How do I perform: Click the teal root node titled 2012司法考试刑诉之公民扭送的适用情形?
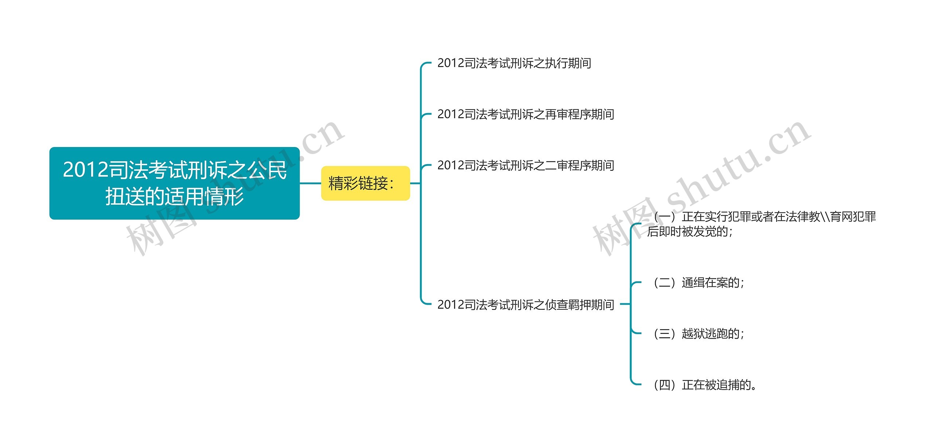click(174, 183)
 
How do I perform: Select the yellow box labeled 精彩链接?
click(365, 183)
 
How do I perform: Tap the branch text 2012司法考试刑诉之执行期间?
click(514, 63)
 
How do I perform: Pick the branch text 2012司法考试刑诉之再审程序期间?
click(526, 114)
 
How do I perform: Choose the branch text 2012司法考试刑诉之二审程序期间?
click(526, 165)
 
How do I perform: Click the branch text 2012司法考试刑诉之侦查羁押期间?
click(526, 304)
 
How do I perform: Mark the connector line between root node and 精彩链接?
click(310, 183)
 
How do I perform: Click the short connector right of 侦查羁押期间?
click(625, 304)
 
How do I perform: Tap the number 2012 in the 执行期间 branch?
click(451, 63)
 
